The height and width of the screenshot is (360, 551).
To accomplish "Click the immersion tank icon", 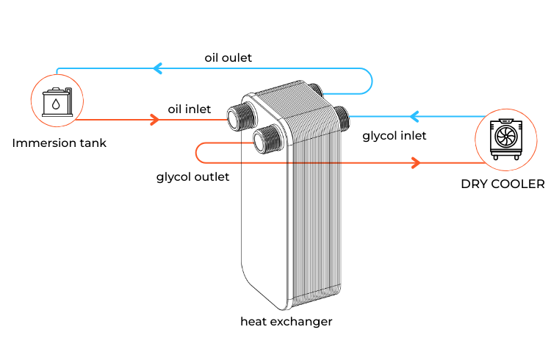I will (x=54, y=101).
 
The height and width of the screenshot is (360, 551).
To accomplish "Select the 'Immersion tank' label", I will (x=59, y=143).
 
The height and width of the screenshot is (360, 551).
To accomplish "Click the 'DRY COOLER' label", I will (x=503, y=184).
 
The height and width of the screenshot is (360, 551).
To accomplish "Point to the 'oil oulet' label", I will (x=229, y=57).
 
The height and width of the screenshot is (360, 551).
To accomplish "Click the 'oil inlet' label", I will (x=189, y=109).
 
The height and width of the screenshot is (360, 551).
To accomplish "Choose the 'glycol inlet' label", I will (x=395, y=135).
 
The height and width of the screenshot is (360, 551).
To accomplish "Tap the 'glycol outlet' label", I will (x=192, y=176).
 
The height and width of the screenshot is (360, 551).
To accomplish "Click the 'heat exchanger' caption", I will (x=287, y=321).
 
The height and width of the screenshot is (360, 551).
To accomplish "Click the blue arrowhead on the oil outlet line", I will (x=157, y=69).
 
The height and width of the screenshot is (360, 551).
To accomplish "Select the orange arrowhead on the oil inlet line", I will (x=155, y=119).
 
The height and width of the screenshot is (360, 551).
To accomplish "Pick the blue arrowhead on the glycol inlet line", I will (x=414, y=116).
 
